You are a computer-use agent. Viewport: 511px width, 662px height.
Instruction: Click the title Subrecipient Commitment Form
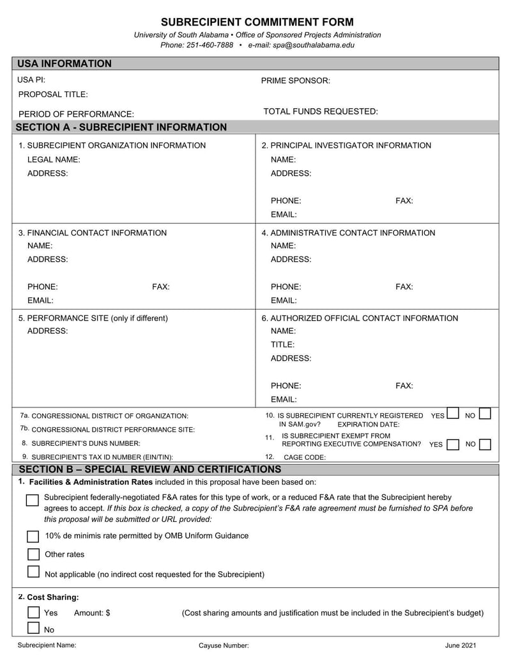(257, 22)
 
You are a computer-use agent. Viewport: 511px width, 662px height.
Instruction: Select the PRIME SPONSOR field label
(296, 81)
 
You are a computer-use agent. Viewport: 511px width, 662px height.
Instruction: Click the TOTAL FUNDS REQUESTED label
(321, 111)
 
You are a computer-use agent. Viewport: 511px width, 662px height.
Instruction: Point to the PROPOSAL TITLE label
(53, 94)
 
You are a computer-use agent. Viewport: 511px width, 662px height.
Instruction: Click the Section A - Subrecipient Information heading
(121, 127)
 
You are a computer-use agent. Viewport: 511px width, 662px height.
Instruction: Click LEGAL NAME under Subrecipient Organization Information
(54, 159)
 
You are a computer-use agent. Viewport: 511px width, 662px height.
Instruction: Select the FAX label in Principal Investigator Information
(404, 201)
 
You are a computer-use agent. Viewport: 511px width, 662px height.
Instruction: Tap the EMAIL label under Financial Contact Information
(40, 300)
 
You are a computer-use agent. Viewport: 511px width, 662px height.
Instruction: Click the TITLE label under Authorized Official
(282, 344)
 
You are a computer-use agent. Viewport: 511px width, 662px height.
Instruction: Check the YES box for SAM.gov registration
(453, 413)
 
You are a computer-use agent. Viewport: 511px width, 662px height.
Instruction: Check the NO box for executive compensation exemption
(485, 444)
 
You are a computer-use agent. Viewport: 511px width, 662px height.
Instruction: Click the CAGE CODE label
(305, 457)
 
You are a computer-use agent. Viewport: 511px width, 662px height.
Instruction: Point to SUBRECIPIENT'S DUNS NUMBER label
(86, 443)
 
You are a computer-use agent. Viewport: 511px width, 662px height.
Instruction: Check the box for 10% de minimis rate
(33, 536)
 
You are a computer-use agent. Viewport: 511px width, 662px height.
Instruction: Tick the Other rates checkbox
(33, 554)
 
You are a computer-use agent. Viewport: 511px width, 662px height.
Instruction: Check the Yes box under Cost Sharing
(34, 612)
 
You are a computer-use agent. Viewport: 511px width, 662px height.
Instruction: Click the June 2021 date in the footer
(461, 645)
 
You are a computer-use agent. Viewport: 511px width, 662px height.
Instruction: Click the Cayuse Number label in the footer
(224, 645)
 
